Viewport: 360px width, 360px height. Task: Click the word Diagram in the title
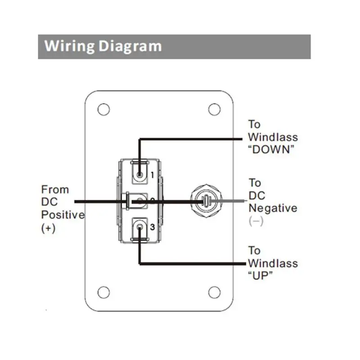[x=130, y=46]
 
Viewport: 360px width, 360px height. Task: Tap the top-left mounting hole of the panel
[x=103, y=109]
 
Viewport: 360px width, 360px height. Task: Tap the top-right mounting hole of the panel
[x=213, y=109]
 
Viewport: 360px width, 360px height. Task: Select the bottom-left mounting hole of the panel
[x=103, y=292]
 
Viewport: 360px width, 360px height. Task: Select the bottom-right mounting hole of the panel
[x=213, y=292]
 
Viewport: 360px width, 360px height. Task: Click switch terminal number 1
[x=140, y=174]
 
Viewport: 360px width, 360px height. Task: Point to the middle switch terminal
[x=140, y=201]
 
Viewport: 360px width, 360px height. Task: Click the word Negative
[x=273, y=208]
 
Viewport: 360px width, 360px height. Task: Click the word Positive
[x=63, y=215]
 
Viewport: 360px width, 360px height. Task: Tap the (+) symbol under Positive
[x=48, y=228]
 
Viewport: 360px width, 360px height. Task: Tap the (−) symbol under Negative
[x=256, y=221]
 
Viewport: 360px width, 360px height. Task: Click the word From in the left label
[x=55, y=189]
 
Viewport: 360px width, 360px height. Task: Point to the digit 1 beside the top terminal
[x=153, y=174]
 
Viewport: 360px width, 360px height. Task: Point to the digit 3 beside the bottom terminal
[x=153, y=228]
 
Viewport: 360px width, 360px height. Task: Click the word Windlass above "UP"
[x=273, y=263]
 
